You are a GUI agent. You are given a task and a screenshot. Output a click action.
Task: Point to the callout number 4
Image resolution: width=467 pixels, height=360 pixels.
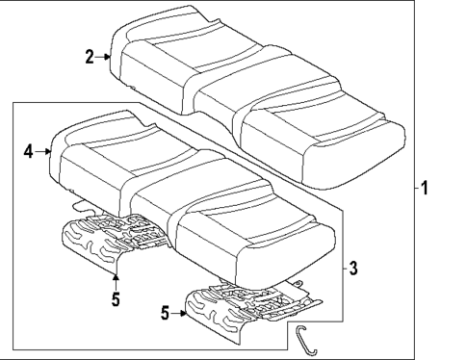pyautogui.click(x=29, y=151)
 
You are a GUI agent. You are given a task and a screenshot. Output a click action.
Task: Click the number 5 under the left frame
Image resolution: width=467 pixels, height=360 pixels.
pyautogui.click(x=115, y=299)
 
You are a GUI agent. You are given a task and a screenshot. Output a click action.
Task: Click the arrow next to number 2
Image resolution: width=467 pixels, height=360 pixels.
pyautogui.click(x=105, y=58)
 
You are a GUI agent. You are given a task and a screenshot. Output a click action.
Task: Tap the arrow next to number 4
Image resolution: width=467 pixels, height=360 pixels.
pyautogui.click(x=44, y=151)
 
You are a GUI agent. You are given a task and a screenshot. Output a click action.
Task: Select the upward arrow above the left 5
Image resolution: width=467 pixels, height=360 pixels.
pyautogui.click(x=115, y=279)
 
